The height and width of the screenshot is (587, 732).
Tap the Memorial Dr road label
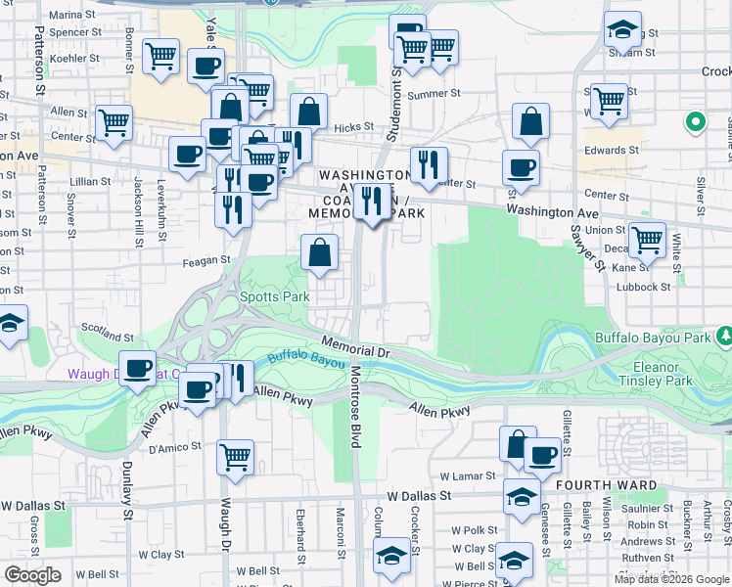coord(356,350)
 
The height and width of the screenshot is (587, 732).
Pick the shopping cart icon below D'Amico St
coord(236,456)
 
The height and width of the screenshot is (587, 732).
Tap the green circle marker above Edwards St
coord(696,122)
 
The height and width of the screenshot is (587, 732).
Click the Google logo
coord(31,575)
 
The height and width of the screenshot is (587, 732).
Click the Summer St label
coord(434,95)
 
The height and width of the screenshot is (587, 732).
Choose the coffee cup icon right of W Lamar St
coord(541,454)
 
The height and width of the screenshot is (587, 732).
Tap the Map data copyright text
coord(671,579)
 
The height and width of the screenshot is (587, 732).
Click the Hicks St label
coord(353,126)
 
